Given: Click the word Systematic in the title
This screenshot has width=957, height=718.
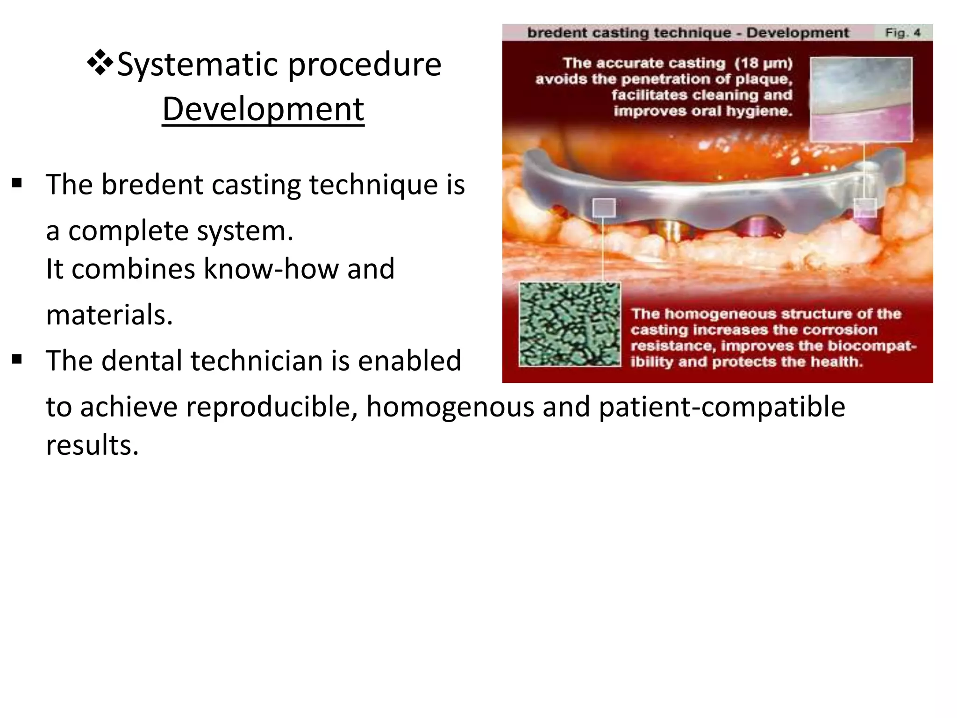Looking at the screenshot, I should [x=198, y=65].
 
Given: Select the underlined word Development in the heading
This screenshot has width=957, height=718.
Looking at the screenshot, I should [x=263, y=109].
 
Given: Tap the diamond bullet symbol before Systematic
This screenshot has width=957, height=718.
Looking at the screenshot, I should [x=100, y=63].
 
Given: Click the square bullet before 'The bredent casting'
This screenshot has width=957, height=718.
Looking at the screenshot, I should [x=17, y=183].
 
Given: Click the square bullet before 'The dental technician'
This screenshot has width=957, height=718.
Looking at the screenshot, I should [x=17, y=359].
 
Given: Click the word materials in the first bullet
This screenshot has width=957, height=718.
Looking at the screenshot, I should [x=109, y=315].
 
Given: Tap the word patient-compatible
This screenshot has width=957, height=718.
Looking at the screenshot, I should [x=721, y=407].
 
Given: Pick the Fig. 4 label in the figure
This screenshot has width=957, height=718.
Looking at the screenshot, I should [x=902, y=33].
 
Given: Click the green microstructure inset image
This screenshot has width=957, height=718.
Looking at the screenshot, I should [x=570, y=324].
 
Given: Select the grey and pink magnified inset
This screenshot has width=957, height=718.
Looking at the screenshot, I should [x=860, y=99].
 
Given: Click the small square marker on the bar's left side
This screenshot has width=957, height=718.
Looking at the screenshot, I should [x=604, y=207].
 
